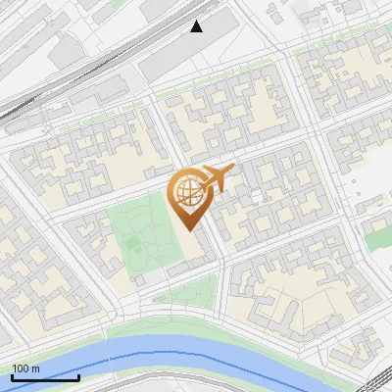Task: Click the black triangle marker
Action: tap(197, 25)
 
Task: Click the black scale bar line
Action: tap(45, 377)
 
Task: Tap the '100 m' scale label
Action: tap(25, 368)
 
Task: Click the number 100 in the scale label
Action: tap(21, 368)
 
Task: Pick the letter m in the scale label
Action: tap(35, 368)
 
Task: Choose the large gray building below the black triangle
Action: tap(182, 54)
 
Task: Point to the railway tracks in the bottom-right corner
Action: tap(363, 382)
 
